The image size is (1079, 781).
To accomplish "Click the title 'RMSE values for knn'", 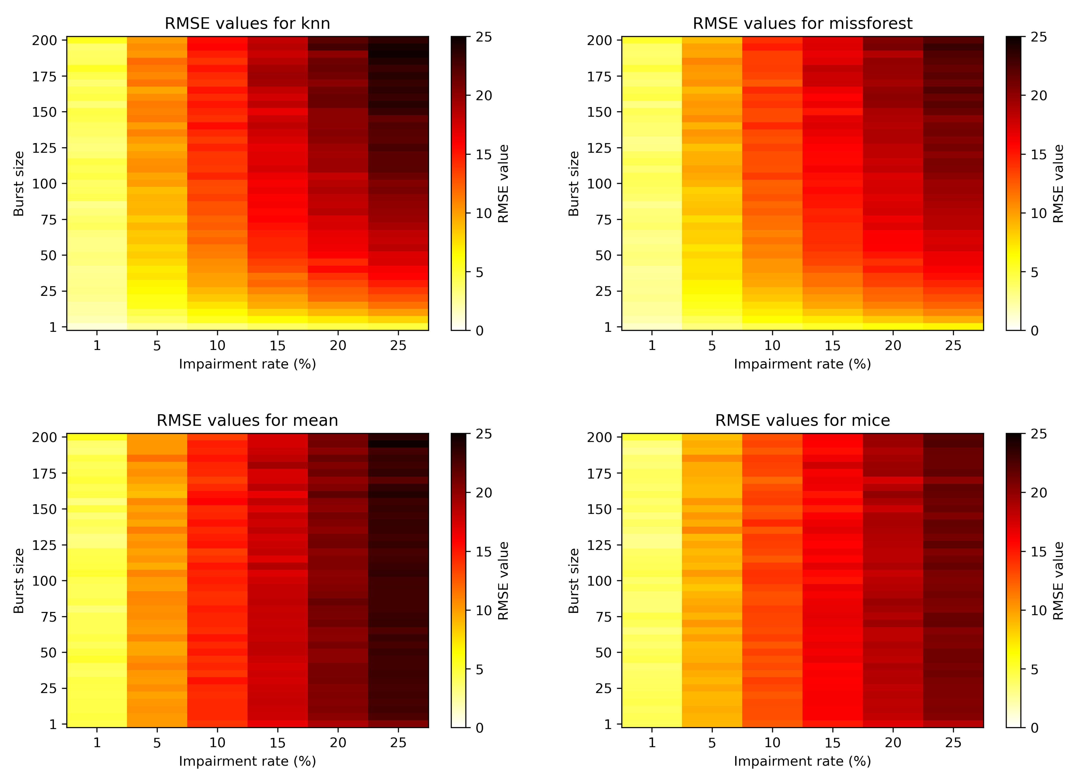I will [x=247, y=23].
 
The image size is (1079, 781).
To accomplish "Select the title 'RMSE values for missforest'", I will [x=802, y=23].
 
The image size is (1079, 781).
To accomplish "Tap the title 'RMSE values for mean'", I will [x=247, y=420].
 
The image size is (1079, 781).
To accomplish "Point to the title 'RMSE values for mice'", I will [x=802, y=420].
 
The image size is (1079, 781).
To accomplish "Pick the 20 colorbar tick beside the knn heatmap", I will [x=484, y=96].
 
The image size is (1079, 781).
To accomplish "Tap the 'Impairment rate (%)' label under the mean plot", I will [x=247, y=761].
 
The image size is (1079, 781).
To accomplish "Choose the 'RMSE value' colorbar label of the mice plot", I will [x=1058, y=581].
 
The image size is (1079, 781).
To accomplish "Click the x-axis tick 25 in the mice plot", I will [x=953, y=742].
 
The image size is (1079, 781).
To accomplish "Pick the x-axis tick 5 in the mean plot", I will [x=157, y=742].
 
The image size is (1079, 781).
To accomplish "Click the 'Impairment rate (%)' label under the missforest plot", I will [x=802, y=364].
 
